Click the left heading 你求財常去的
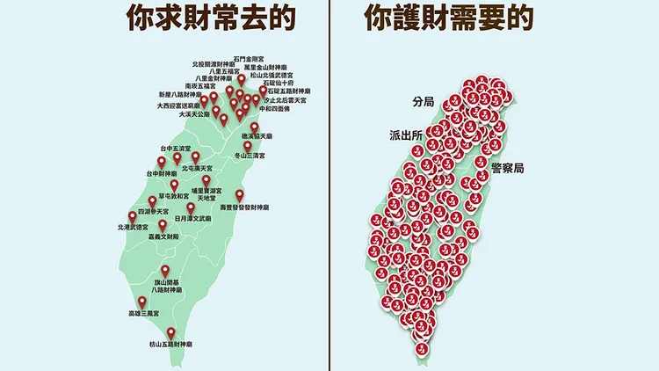[x=210, y=18]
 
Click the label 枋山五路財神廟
[x=171, y=346]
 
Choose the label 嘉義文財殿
[x=163, y=237]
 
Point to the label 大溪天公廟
[x=195, y=113]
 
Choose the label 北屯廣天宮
[x=197, y=167]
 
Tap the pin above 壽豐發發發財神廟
[x=239, y=194]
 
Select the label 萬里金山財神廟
[x=268, y=67]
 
